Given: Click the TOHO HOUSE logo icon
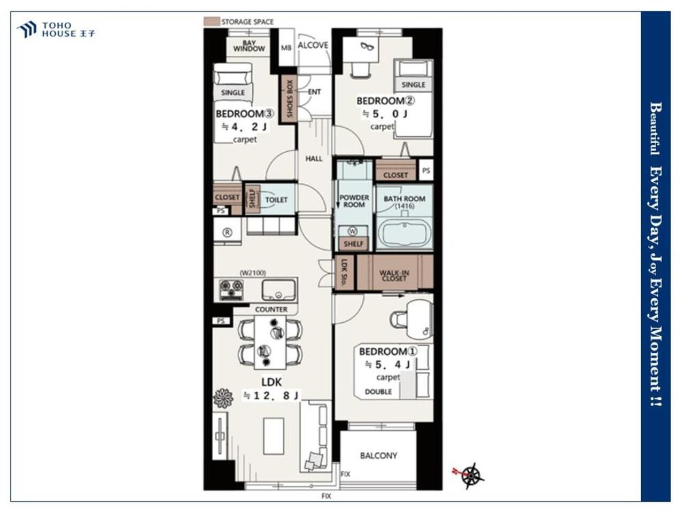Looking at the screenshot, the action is [27, 29].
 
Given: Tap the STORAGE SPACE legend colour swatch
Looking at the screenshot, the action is [212, 21].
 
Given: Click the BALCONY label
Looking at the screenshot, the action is [378, 456].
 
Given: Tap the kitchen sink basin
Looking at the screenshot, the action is [278, 290].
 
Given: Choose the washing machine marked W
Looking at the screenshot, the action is [353, 231].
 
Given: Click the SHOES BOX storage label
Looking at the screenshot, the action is [290, 99].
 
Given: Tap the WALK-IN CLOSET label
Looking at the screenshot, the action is [394, 276].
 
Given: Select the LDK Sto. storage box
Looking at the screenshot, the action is [344, 273].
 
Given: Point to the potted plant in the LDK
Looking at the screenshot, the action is [223, 398].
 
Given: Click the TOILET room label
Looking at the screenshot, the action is [276, 200].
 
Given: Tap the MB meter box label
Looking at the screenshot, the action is [286, 48].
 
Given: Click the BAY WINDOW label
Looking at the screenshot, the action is [249, 46].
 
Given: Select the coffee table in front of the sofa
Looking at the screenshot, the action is [274, 437].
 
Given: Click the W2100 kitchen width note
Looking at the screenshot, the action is [253, 273].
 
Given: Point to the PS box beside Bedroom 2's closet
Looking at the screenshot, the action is [426, 170].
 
